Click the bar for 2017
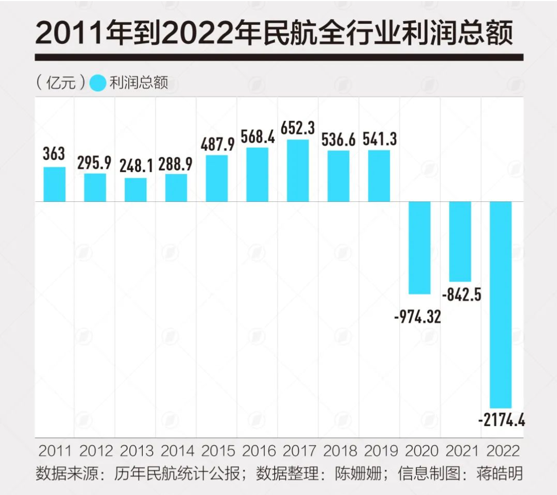[x=298, y=170]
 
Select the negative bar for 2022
[x=500, y=304]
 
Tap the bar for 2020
[x=419, y=247]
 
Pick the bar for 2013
[x=136, y=190]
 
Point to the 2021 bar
[x=460, y=241]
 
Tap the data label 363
[x=54, y=154]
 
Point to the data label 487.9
[x=216, y=144]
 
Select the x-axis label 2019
[x=380, y=451]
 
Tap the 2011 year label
[x=55, y=451]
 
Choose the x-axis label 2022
[x=502, y=451]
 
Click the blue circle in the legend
[x=98, y=83]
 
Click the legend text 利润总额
[x=139, y=83]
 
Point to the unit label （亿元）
[x=61, y=83]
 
